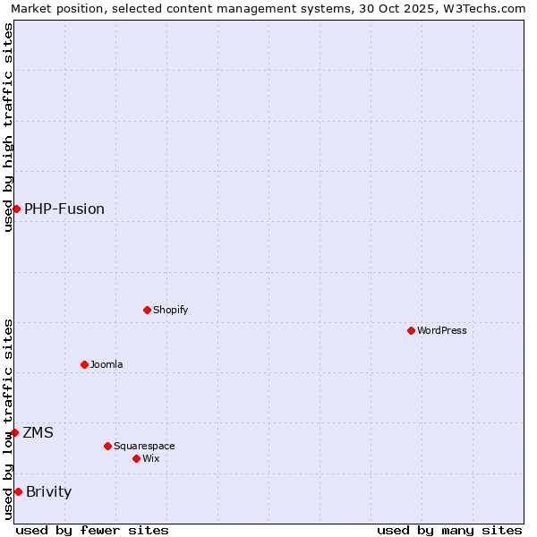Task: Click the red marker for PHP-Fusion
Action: (x=16, y=209)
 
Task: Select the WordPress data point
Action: (x=411, y=330)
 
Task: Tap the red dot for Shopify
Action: (x=147, y=310)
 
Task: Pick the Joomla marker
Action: (x=84, y=364)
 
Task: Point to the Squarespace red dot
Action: (x=107, y=446)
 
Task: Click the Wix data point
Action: (x=136, y=458)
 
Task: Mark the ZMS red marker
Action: (x=14, y=432)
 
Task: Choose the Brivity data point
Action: (x=18, y=491)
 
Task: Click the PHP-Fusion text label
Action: (x=64, y=209)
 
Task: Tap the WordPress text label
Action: (x=441, y=330)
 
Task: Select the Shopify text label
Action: (x=170, y=310)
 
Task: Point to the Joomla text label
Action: (x=107, y=364)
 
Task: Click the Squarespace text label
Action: (x=144, y=446)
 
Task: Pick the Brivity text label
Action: (x=48, y=491)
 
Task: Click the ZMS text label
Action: (x=38, y=432)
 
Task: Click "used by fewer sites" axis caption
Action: (x=92, y=530)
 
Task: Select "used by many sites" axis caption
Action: (x=449, y=530)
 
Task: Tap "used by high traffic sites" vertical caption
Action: (x=8, y=127)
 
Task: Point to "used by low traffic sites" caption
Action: (x=8, y=418)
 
